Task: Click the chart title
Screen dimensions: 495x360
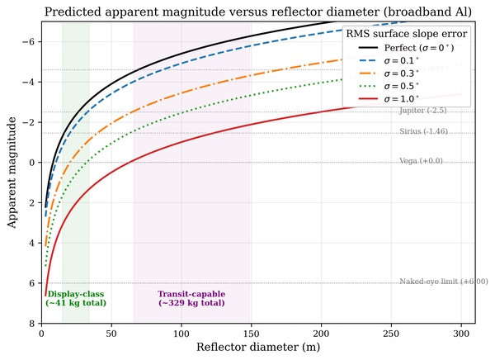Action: (x=258, y=12)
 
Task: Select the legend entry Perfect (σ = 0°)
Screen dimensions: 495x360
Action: (x=406, y=48)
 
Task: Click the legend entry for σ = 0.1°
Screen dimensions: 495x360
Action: (x=389, y=60)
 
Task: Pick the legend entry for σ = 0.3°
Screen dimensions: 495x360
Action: (x=389, y=73)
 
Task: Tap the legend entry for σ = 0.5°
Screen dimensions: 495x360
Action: (x=389, y=86)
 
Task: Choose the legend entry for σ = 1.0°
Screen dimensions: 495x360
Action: (x=389, y=99)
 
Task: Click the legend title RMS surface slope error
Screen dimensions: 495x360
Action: (x=406, y=34)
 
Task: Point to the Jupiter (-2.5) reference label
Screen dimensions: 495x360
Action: (x=423, y=111)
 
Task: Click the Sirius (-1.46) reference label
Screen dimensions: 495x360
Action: (x=424, y=131)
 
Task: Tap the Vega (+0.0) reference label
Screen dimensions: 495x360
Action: (x=421, y=161)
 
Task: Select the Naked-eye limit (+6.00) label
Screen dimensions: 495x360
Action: (x=444, y=282)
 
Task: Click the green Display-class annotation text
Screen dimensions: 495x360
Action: (x=76, y=298)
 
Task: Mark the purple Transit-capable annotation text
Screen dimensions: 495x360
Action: (x=191, y=298)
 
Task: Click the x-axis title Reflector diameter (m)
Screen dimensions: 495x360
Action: (x=258, y=347)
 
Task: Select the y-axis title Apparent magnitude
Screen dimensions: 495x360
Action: (x=12, y=173)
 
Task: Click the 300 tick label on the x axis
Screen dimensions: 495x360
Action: (x=461, y=334)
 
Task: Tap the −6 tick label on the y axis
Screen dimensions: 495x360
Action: (x=28, y=42)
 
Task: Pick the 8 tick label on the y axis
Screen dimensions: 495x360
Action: (x=31, y=324)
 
